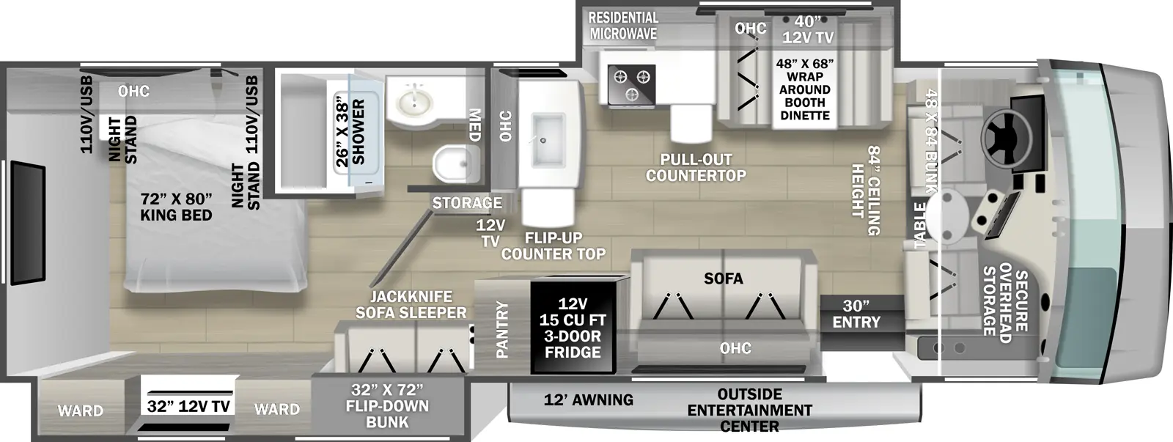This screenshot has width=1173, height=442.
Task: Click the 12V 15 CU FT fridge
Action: [573, 327]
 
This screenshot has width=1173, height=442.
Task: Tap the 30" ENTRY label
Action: [856, 313]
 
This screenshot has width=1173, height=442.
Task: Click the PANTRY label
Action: [502, 328]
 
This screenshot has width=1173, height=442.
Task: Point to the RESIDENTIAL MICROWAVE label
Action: [623, 25]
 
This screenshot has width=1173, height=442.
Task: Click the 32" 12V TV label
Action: [188, 405]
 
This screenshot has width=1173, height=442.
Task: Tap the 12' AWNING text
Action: [589, 399]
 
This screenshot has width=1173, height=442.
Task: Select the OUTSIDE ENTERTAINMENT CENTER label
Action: [749, 410]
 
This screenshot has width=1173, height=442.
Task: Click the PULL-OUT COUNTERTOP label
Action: [696, 167]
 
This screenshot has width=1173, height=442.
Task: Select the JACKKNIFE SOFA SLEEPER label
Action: [411, 304]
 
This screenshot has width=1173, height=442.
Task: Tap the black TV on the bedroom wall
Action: [28, 222]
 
